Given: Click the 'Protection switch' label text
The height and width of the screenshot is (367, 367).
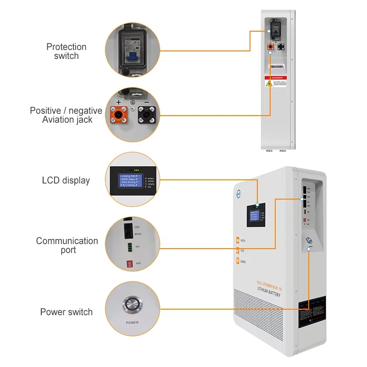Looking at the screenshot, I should coord(66,51).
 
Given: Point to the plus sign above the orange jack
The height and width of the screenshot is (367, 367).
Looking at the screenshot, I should coord(118,102).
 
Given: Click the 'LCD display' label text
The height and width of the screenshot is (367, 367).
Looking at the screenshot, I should coord(66,180).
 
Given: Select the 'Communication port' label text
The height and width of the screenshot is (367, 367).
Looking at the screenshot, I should coord(67,245).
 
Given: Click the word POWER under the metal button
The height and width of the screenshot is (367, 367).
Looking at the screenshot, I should coord(132,323).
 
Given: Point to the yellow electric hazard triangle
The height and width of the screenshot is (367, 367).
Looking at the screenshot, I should coord(269,83).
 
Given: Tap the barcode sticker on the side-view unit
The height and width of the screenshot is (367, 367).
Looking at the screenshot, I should coord(277,67).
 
